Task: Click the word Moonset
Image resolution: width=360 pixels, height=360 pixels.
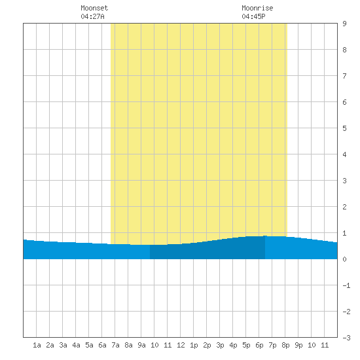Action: (x=94, y=8)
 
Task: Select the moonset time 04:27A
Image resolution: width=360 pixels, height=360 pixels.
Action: (x=92, y=16)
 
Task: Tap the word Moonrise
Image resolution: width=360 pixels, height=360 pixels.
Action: (x=257, y=8)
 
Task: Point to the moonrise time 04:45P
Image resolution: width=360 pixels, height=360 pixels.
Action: (x=253, y=16)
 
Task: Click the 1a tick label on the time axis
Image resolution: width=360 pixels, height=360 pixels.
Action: (x=37, y=345)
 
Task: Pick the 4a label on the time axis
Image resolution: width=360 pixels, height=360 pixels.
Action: (x=76, y=345)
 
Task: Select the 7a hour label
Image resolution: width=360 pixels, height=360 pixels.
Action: (x=115, y=345)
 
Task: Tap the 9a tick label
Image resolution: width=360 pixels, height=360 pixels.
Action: (x=141, y=345)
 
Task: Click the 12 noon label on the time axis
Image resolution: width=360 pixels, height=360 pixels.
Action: (x=181, y=345)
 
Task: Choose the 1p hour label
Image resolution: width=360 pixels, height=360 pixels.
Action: (x=194, y=345)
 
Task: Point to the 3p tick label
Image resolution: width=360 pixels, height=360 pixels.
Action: (x=220, y=345)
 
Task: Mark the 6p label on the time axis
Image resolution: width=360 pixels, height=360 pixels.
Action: (x=259, y=345)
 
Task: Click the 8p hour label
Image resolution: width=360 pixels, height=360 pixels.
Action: (x=285, y=345)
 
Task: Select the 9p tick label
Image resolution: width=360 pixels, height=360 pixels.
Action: (x=298, y=345)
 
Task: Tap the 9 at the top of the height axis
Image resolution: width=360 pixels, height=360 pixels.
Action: (x=344, y=24)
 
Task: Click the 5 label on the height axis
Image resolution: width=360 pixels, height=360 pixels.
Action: (x=344, y=128)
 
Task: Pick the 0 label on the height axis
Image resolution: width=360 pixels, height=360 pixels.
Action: (x=344, y=259)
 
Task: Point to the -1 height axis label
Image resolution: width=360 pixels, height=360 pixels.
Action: (x=346, y=285)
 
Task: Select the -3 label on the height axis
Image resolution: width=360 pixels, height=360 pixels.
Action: (x=346, y=338)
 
